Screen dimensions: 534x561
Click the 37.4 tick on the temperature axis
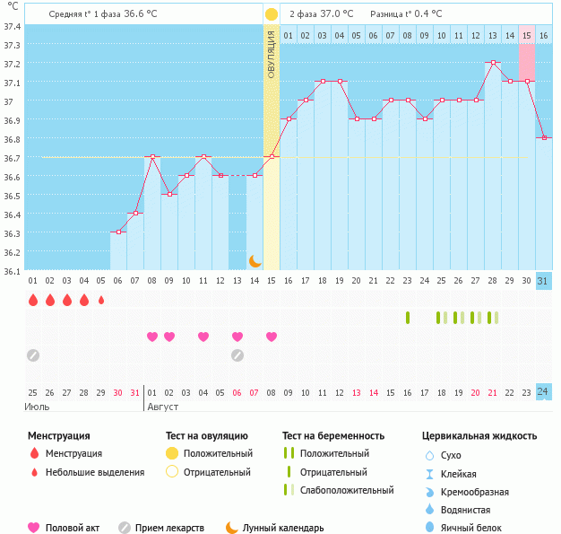[x=12, y=26]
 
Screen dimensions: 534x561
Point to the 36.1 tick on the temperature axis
[x=12, y=270]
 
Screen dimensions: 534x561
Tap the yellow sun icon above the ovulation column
[x=272, y=14]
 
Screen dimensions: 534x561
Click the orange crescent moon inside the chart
[x=255, y=260]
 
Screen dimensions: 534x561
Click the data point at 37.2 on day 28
[x=493, y=63]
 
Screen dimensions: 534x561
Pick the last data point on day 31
[x=543, y=137]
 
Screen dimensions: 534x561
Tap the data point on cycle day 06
[x=118, y=232]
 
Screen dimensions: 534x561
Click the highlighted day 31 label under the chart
[x=543, y=281]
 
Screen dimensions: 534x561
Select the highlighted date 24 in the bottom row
[x=543, y=392]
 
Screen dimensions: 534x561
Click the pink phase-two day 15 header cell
[x=527, y=35]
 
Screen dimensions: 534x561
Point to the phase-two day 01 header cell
[x=289, y=35]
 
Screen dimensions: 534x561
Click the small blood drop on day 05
[x=101, y=300]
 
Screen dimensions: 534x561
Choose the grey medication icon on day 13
[x=237, y=355]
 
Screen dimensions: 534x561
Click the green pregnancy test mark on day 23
[x=408, y=318]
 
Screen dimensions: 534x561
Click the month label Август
[x=163, y=407]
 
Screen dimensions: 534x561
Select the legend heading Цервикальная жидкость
[x=479, y=436]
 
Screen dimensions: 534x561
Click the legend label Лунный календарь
[x=283, y=528]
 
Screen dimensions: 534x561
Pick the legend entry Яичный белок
[x=471, y=528]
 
